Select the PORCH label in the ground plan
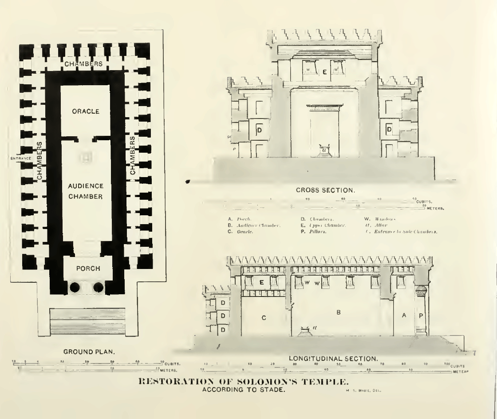tap(85, 269)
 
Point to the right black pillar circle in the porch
tap(98, 287)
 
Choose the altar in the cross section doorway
tap(324, 149)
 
